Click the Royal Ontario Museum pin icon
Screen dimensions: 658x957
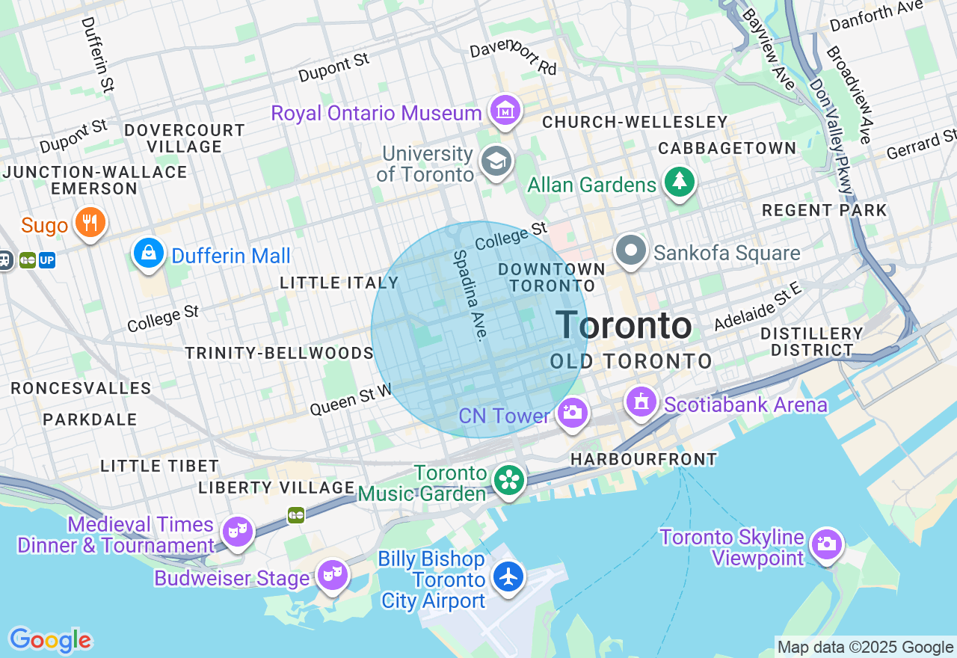point(505,111)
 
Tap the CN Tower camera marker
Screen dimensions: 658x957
point(573,412)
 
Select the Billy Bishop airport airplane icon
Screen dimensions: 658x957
point(508,576)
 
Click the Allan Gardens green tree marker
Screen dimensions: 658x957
point(680,181)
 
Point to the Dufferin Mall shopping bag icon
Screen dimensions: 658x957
point(150,252)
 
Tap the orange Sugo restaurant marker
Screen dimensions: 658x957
point(90,222)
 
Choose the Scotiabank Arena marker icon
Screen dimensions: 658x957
point(641,402)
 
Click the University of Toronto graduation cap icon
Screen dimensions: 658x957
point(496,160)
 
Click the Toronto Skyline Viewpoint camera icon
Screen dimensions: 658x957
point(827,544)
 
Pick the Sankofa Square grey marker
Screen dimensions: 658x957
point(631,250)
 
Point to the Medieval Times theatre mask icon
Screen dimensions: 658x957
point(238,531)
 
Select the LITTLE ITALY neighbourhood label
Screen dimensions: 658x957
point(339,283)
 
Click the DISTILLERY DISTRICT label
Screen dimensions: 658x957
point(812,342)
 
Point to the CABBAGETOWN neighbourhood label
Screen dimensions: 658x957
point(727,148)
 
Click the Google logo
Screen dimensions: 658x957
point(50,640)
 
